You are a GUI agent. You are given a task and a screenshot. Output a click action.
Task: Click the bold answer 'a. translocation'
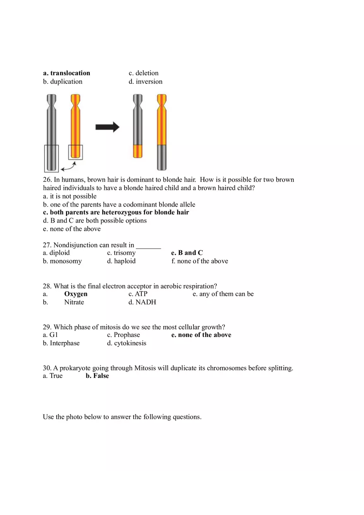coord(66,73)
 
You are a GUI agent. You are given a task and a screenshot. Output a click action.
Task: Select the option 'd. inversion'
coord(145,81)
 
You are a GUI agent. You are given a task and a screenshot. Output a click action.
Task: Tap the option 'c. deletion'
coord(144,73)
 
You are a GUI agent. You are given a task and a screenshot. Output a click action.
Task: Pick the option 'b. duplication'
coord(62,81)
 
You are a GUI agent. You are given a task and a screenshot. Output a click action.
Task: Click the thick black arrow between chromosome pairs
coord(107,127)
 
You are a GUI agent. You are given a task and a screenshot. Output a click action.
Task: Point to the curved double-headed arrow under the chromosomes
coord(69,166)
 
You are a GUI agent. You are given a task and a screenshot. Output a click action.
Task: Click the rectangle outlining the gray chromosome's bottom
coord(51,158)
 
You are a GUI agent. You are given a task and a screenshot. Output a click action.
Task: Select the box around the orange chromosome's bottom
coord(75,152)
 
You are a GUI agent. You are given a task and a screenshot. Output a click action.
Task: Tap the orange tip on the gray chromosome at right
coord(138,151)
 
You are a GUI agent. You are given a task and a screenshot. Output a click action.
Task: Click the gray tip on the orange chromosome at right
coord(162,157)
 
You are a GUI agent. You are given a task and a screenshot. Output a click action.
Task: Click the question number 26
coord(47,180)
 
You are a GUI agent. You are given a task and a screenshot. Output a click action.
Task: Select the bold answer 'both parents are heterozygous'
coord(116,212)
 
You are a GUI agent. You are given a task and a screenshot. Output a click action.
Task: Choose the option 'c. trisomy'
coord(121,253)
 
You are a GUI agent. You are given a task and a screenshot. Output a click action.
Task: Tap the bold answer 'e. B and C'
coord(187,253)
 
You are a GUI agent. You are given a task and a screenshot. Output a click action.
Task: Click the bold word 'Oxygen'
coord(76,294)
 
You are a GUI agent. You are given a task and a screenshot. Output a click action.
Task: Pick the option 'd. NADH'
coord(142,302)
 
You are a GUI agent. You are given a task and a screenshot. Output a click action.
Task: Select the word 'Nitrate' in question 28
coord(74,302)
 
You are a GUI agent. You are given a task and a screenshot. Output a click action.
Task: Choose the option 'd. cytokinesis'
coord(127,343)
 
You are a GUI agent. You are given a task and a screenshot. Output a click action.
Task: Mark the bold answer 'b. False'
coord(97,376)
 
